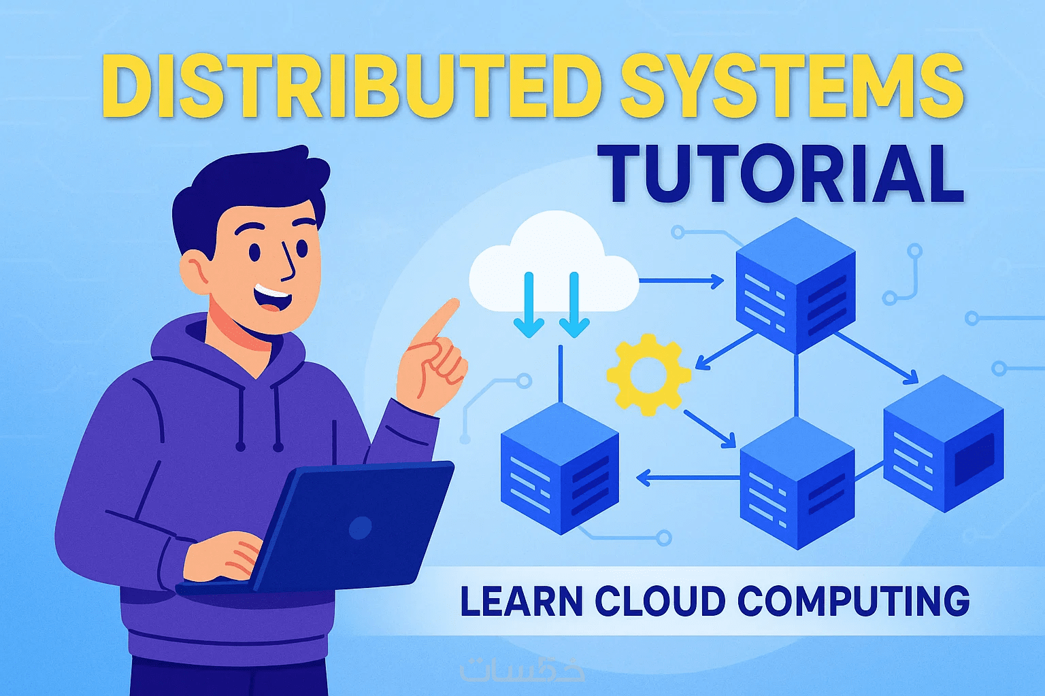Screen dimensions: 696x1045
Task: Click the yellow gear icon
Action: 648,375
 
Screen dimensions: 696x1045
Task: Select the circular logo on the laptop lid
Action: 360,527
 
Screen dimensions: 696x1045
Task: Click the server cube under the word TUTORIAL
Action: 795,285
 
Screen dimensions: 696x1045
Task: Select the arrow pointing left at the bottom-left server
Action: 687,478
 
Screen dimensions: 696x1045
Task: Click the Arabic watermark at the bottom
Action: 522,669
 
